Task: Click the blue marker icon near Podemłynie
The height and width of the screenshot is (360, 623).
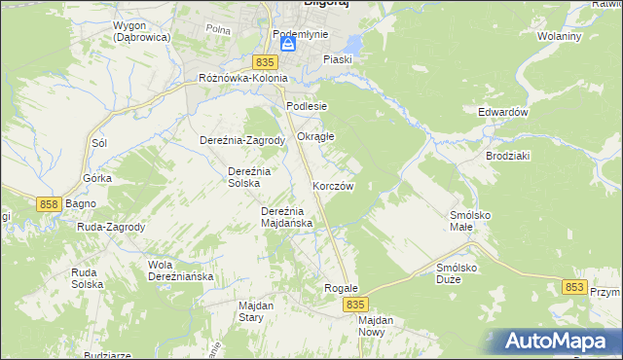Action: click(287, 44)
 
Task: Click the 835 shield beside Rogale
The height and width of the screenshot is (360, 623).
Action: click(354, 305)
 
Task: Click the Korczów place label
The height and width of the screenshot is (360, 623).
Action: click(333, 185)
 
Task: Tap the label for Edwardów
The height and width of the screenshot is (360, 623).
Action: click(502, 112)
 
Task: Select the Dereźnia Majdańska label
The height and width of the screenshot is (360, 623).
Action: click(286, 216)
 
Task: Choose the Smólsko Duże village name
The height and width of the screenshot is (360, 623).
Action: click(461, 271)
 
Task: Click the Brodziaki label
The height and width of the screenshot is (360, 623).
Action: click(507, 156)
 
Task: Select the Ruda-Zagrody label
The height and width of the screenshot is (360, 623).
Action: click(111, 227)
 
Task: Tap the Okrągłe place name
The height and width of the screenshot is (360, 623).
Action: click(315, 136)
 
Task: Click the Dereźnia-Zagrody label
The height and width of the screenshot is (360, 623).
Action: click(241, 140)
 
